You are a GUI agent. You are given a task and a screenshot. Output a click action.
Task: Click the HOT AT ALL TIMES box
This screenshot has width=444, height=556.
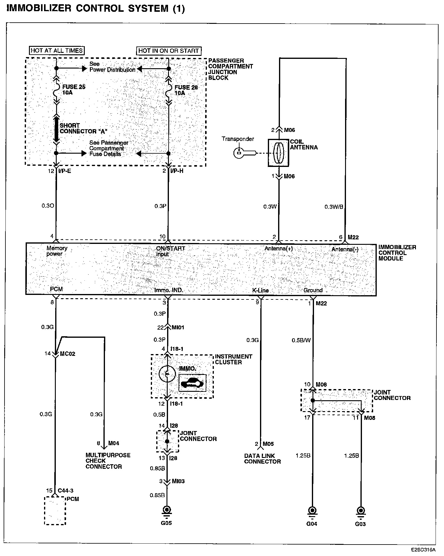[x=57, y=50]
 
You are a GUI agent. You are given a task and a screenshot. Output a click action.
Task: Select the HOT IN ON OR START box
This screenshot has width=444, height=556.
[x=169, y=51]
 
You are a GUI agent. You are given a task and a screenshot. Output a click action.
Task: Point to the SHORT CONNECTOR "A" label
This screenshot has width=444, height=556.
[x=83, y=128]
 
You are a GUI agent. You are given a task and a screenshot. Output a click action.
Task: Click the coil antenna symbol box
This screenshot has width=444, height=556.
[x=278, y=153]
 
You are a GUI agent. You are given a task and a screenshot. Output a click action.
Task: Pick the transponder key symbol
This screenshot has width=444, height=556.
[x=245, y=153]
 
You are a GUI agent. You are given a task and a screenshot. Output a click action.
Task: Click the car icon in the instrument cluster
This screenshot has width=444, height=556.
[x=192, y=383]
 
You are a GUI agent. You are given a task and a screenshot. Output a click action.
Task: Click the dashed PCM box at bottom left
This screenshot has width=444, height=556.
[x=55, y=510]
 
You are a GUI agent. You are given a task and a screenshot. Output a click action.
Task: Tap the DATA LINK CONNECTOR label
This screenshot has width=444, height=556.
[x=262, y=459]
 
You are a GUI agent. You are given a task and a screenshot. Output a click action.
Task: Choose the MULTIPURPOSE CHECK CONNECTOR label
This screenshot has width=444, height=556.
[x=108, y=461]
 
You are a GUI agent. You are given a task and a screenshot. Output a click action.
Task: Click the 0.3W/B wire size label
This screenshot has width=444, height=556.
[x=334, y=207]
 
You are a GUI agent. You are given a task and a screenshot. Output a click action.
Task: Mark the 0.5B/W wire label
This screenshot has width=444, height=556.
[x=301, y=340]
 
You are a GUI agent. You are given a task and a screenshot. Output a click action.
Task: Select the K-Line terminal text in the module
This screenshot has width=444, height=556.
[x=260, y=290]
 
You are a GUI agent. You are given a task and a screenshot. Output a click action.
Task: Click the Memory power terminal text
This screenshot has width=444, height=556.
[x=57, y=251]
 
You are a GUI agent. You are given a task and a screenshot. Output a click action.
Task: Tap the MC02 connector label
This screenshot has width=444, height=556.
[x=68, y=354]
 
